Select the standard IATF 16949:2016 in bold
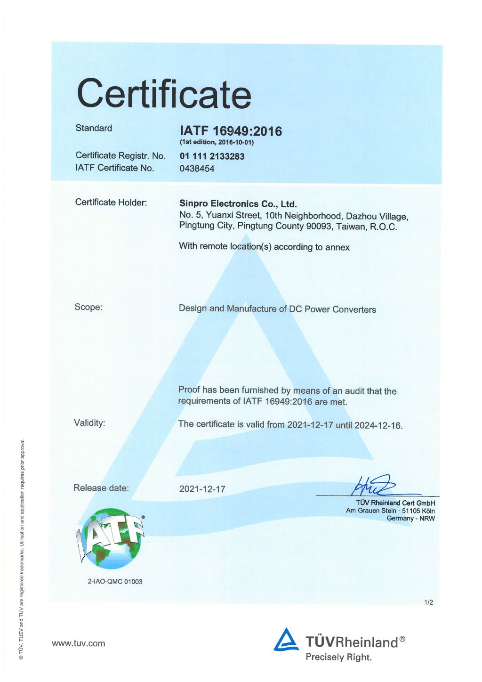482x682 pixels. (x=231, y=131)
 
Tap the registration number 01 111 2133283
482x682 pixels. (x=212, y=156)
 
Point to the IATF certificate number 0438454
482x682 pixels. (x=197, y=169)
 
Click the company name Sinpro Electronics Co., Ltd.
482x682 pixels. (x=238, y=204)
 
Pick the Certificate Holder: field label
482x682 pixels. (x=111, y=203)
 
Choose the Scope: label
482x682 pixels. (x=88, y=307)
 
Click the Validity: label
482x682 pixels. (x=89, y=422)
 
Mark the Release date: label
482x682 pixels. (x=101, y=488)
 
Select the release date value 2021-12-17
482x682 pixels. (x=202, y=489)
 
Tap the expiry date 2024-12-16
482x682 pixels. (x=378, y=425)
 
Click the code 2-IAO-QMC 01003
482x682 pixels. (x=115, y=582)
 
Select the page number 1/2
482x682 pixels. (x=428, y=602)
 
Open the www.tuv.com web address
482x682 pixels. (x=79, y=643)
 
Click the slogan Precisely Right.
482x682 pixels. (x=338, y=657)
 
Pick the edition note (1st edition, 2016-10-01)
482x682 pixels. (x=217, y=142)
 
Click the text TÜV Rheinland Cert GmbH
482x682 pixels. (x=395, y=503)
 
